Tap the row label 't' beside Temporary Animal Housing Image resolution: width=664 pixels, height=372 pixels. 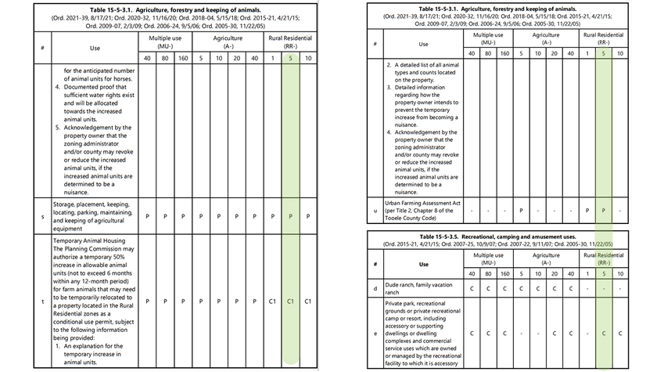coord(42,300)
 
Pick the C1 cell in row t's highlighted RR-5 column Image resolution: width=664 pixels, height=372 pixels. coord(290,300)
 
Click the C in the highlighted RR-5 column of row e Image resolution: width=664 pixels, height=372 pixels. coord(603,333)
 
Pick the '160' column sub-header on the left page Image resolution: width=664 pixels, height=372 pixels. coord(183,57)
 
